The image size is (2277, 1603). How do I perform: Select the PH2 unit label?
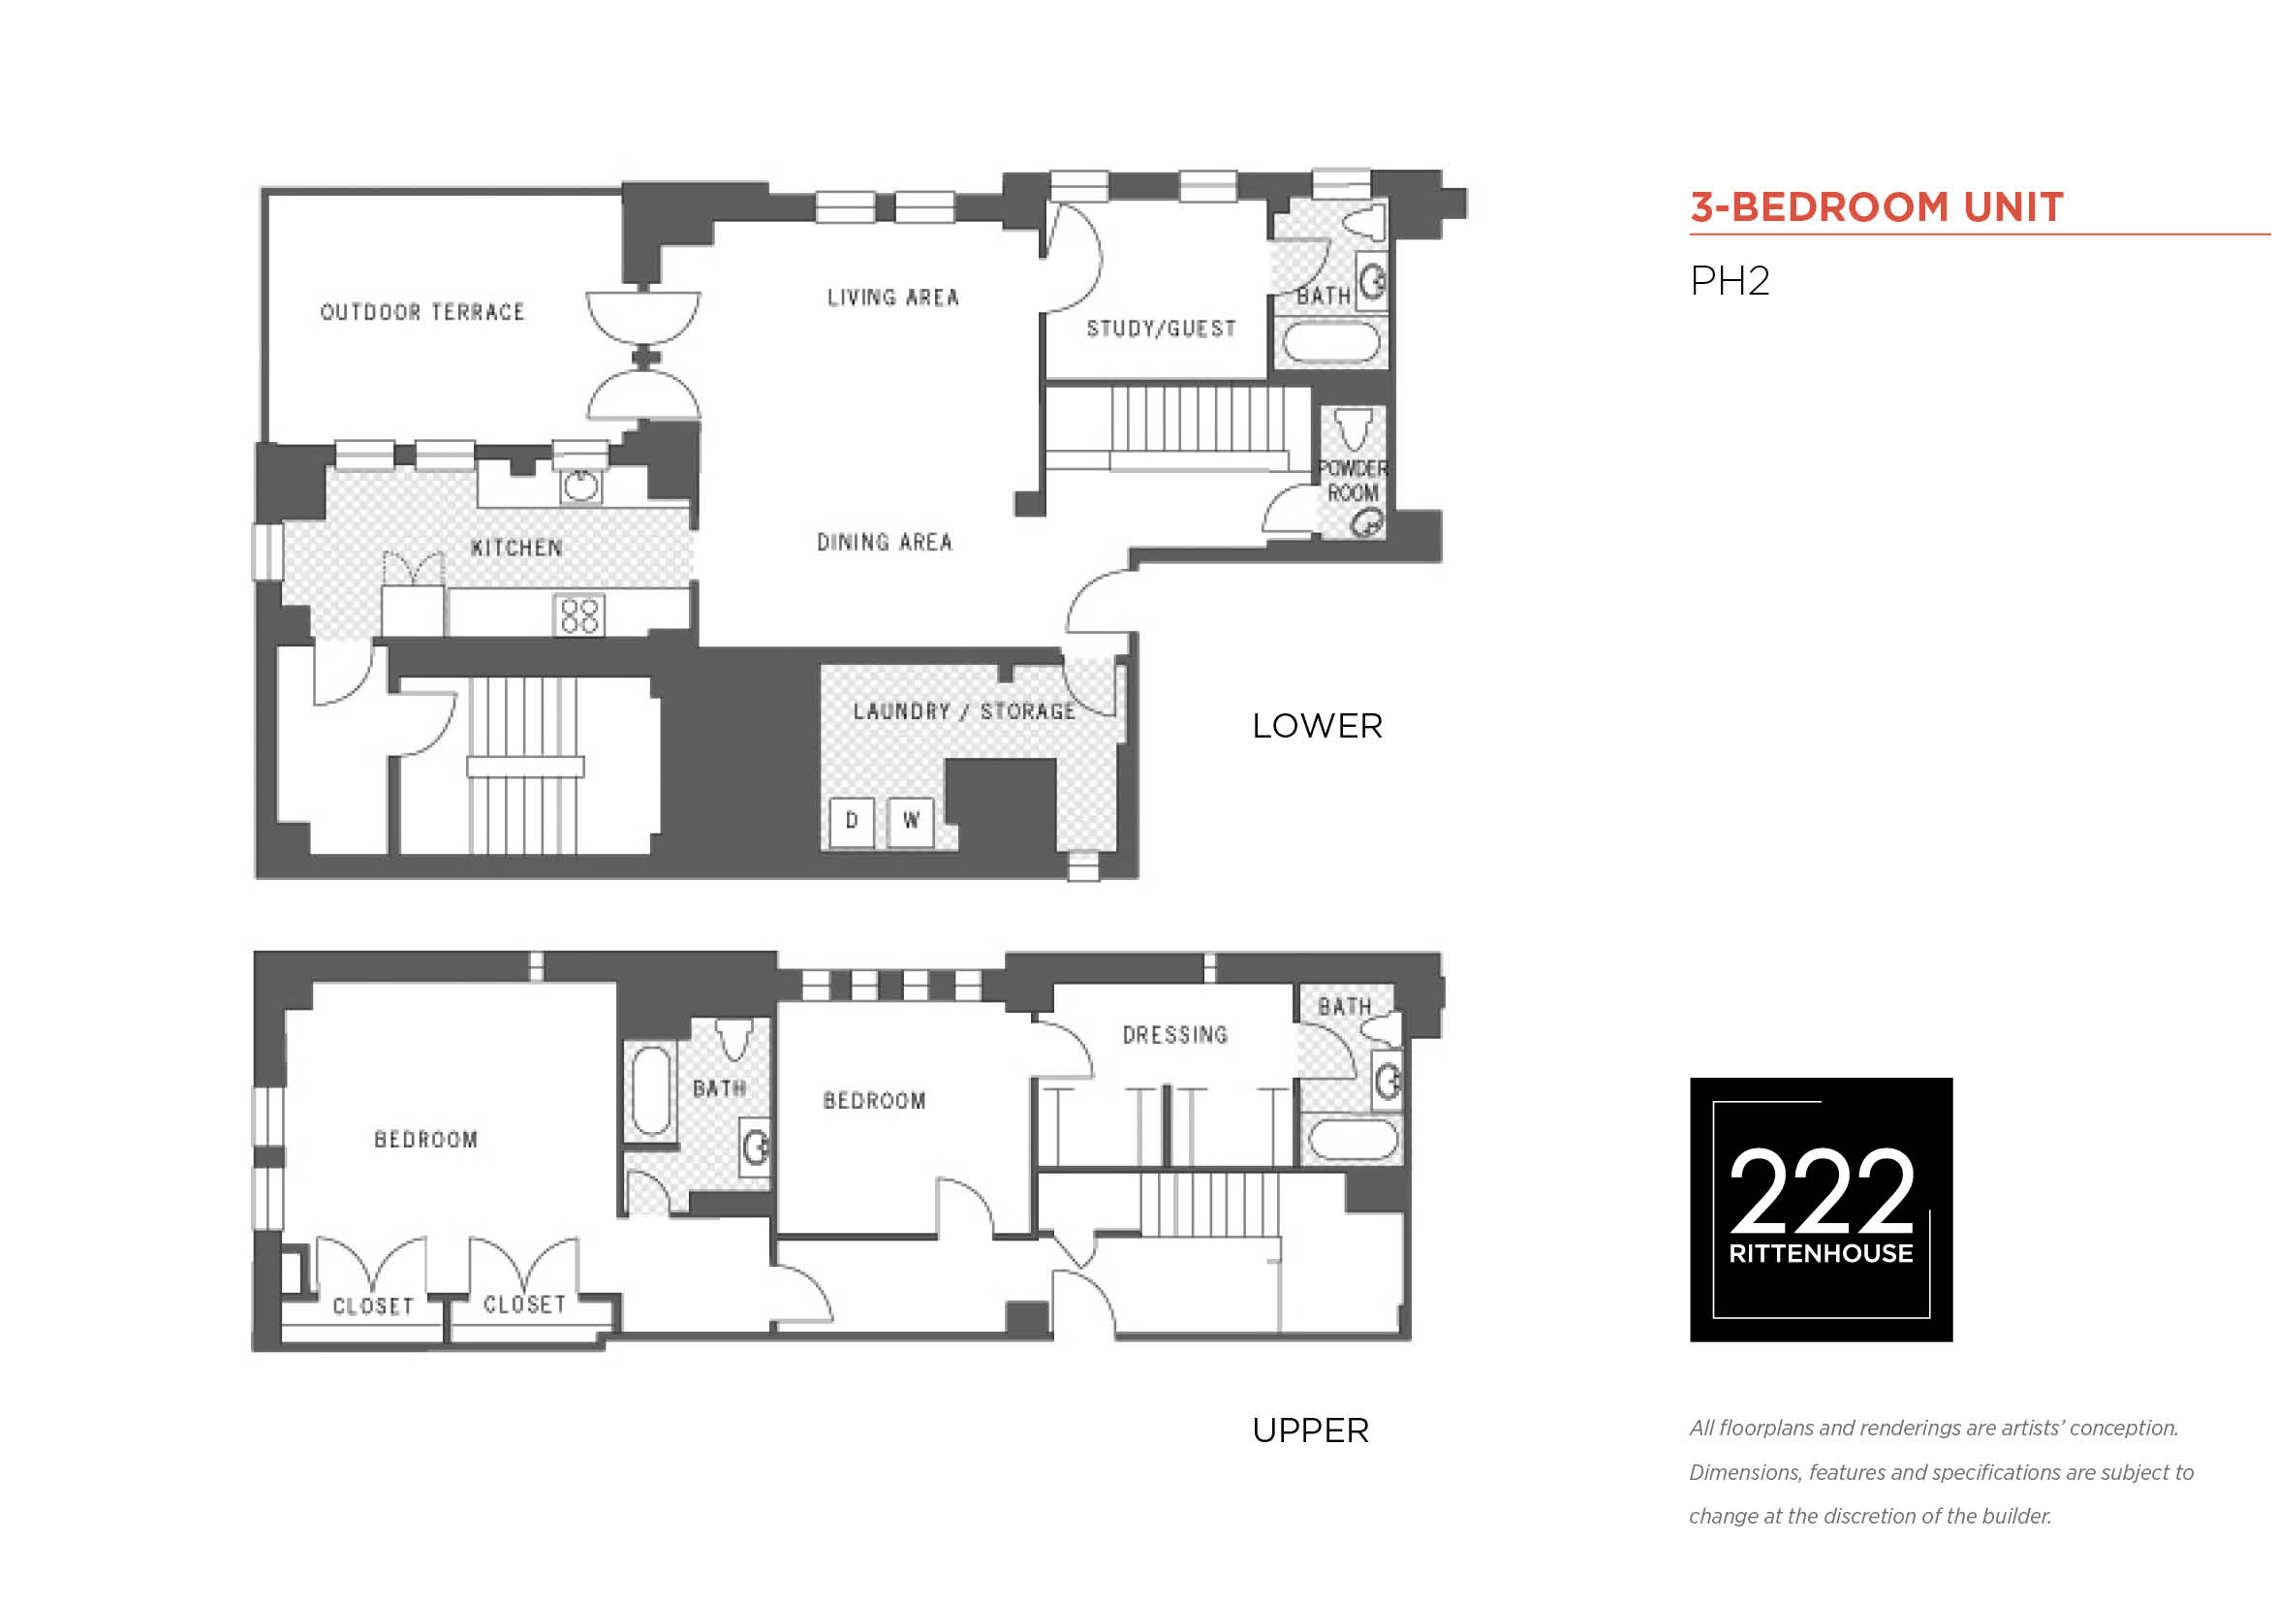pos(1730,281)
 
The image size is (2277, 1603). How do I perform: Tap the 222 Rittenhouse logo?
pos(1821,1210)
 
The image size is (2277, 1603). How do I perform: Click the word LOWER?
pos(1317,726)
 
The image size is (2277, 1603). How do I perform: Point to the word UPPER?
pos(1310,1430)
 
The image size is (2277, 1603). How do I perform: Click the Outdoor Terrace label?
pos(422,312)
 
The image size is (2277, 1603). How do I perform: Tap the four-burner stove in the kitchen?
pos(580,615)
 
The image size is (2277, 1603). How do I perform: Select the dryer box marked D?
pos(852,821)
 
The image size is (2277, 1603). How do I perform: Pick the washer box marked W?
pos(911,821)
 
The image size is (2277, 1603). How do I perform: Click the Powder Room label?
pos(1353,481)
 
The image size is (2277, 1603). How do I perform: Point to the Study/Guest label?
pos(1162,329)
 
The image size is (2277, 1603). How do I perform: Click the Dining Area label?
pos(885,543)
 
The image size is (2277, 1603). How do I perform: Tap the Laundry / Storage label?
pos(964,711)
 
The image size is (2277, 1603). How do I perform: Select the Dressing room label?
pos(1175,1036)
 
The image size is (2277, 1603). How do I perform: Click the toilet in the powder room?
pos(1354,428)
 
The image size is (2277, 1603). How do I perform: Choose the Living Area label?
pos(893,298)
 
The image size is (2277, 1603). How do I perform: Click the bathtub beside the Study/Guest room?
pos(1332,343)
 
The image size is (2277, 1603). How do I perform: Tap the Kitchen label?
pos(516,549)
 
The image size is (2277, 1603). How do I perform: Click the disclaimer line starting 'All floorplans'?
pos(1934,1429)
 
